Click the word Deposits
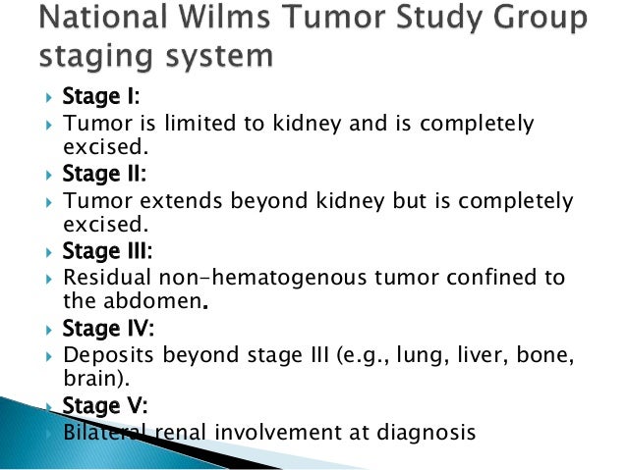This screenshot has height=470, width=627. [105, 354]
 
